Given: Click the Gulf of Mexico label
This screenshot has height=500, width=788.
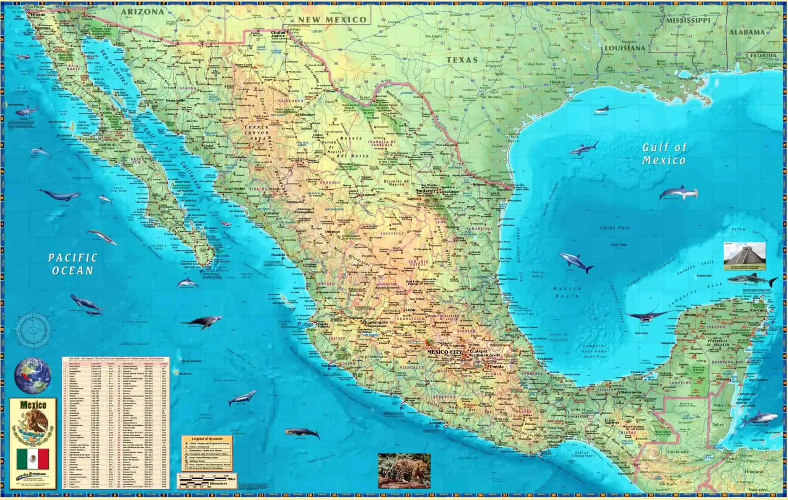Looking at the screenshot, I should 664,154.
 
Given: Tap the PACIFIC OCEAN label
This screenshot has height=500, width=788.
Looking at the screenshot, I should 73,264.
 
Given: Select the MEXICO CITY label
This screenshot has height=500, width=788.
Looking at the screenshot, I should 444,351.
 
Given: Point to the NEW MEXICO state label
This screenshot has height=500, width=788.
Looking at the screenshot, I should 332,20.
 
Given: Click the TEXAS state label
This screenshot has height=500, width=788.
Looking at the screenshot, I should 462,60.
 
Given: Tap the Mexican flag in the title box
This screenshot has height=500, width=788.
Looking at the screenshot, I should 33,458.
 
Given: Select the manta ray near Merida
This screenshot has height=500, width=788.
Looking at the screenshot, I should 647,316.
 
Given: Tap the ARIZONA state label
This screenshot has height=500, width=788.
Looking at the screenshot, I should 142,12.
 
